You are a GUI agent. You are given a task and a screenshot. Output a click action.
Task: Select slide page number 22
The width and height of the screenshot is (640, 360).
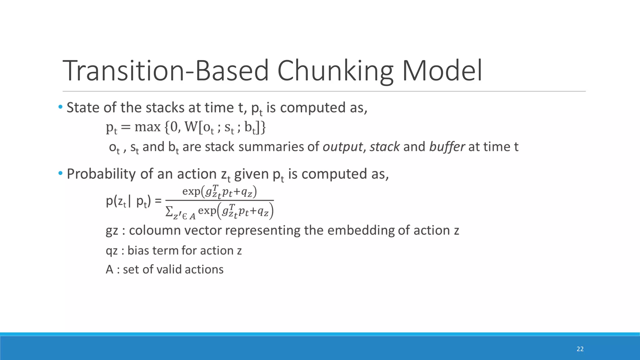click(x=580, y=349)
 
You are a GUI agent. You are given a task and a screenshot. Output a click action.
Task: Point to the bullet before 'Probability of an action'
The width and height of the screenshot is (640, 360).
click(x=60, y=173)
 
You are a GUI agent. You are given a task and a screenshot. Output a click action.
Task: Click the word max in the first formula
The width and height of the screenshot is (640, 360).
click(x=147, y=127)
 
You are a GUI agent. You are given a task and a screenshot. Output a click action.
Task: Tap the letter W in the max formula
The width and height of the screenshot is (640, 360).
click(x=191, y=127)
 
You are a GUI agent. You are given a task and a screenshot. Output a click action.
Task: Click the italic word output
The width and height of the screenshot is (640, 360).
click(x=342, y=147)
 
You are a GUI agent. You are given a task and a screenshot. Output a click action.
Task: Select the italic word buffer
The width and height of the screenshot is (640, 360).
click(x=447, y=147)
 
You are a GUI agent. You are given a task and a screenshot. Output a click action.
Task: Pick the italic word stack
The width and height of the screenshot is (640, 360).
click(x=384, y=147)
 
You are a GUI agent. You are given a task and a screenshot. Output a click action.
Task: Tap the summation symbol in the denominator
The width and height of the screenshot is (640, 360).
click(x=169, y=212)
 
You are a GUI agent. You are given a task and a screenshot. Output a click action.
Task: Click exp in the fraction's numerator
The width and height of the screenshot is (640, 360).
click(x=191, y=191)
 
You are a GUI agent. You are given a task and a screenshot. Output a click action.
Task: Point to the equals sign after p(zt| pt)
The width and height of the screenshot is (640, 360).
click(x=158, y=201)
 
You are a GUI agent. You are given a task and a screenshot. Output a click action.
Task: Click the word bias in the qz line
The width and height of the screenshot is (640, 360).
click(x=137, y=251)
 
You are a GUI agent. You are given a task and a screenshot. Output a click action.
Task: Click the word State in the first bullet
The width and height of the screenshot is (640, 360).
click(x=83, y=107)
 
